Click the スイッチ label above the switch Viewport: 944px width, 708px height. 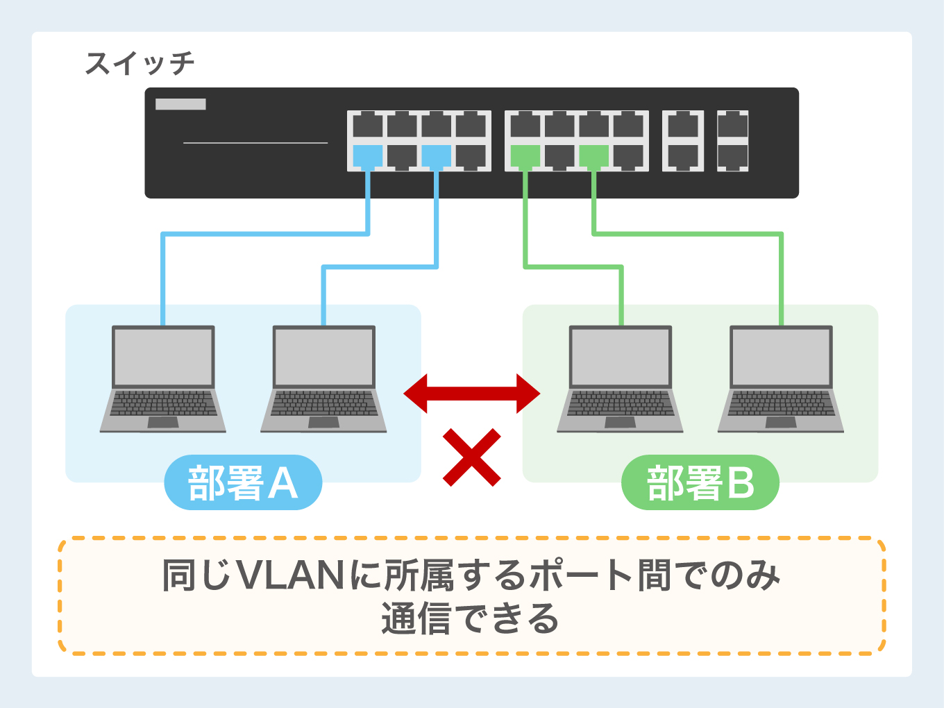pyautogui.click(x=140, y=64)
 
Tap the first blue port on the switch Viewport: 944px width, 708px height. pyautogui.click(x=367, y=156)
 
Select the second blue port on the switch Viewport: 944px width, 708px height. pyautogui.click(x=436, y=156)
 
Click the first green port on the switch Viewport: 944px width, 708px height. pyautogui.click(x=525, y=156)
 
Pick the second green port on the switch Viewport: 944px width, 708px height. pyautogui.click(x=593, y=156)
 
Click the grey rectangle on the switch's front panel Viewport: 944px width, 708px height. pyautogui.click(x=180, y=104)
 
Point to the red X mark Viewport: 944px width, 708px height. pyautogui.click(x=472, y=457)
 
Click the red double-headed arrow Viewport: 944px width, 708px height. pyautogui.click(x=472, y=394)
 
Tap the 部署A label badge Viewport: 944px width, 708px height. pyautogui.click(x=243, y=483)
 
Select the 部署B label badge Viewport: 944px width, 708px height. pyautogui.click(x=700, y=483)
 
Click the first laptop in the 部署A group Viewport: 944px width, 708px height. pyautogui.click(x=163, y=379)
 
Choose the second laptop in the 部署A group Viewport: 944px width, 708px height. pyautogui.click(x=323, y=379)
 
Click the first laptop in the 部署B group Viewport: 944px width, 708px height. pyautogui.click(x=620, y=379)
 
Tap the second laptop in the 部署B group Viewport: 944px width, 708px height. pyautogui.click(x=781, y=379)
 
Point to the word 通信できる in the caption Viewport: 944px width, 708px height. pyautogui.click(x=470, y=618)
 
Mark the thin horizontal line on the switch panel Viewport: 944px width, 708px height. pyautogui.click(x=255, y=143)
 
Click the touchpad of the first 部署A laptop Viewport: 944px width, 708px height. pyautogui.click(x=163, y=422)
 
